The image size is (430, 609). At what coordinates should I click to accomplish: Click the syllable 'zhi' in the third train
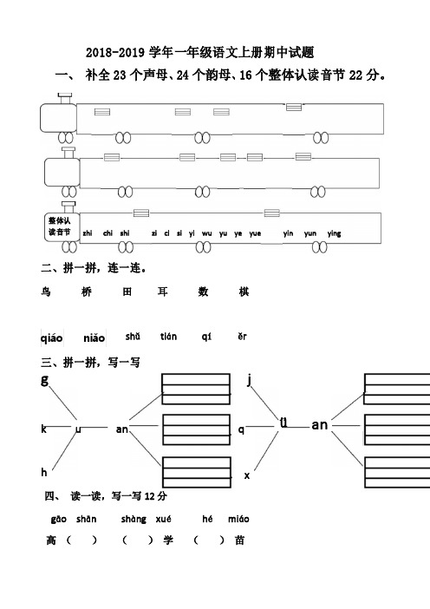(x=88, y=233)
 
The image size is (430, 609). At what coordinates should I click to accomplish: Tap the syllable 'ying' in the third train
(x=334, y=233)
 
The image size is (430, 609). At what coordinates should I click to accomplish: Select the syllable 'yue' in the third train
(x=255, y=233)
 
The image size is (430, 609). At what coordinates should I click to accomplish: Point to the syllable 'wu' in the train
(x=207, y=233)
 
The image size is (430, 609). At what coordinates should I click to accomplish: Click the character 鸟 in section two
(x=46, y=291)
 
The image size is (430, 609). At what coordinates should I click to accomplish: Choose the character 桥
(x=87, y=291)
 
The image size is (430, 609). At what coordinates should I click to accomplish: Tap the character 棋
(x=244, y=291)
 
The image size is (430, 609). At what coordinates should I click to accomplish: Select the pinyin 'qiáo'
(x=52, y=338)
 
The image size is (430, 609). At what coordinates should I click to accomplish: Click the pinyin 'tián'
(x=168, y=337)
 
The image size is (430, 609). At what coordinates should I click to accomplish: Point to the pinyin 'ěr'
(x=242, y=336)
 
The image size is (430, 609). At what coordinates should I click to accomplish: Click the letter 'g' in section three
(x=44, y=379)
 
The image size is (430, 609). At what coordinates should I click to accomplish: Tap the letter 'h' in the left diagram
(x=44, y=472)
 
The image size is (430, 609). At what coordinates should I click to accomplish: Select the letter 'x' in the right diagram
(x=247, y=475)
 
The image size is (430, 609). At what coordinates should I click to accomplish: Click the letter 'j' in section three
(x=249, y=379)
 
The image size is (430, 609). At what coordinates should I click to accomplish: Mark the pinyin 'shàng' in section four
(x=134, y=520)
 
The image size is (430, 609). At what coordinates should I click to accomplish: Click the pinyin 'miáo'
(x=238, y=519)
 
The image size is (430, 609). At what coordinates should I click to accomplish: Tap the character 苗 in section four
(x=240, y=540)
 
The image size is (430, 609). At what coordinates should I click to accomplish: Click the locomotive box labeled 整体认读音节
(x=62, y=226)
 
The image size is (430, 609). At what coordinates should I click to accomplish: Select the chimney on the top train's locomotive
(x=65, y=99)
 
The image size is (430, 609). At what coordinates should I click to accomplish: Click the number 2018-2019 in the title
(x=115, y=52)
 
